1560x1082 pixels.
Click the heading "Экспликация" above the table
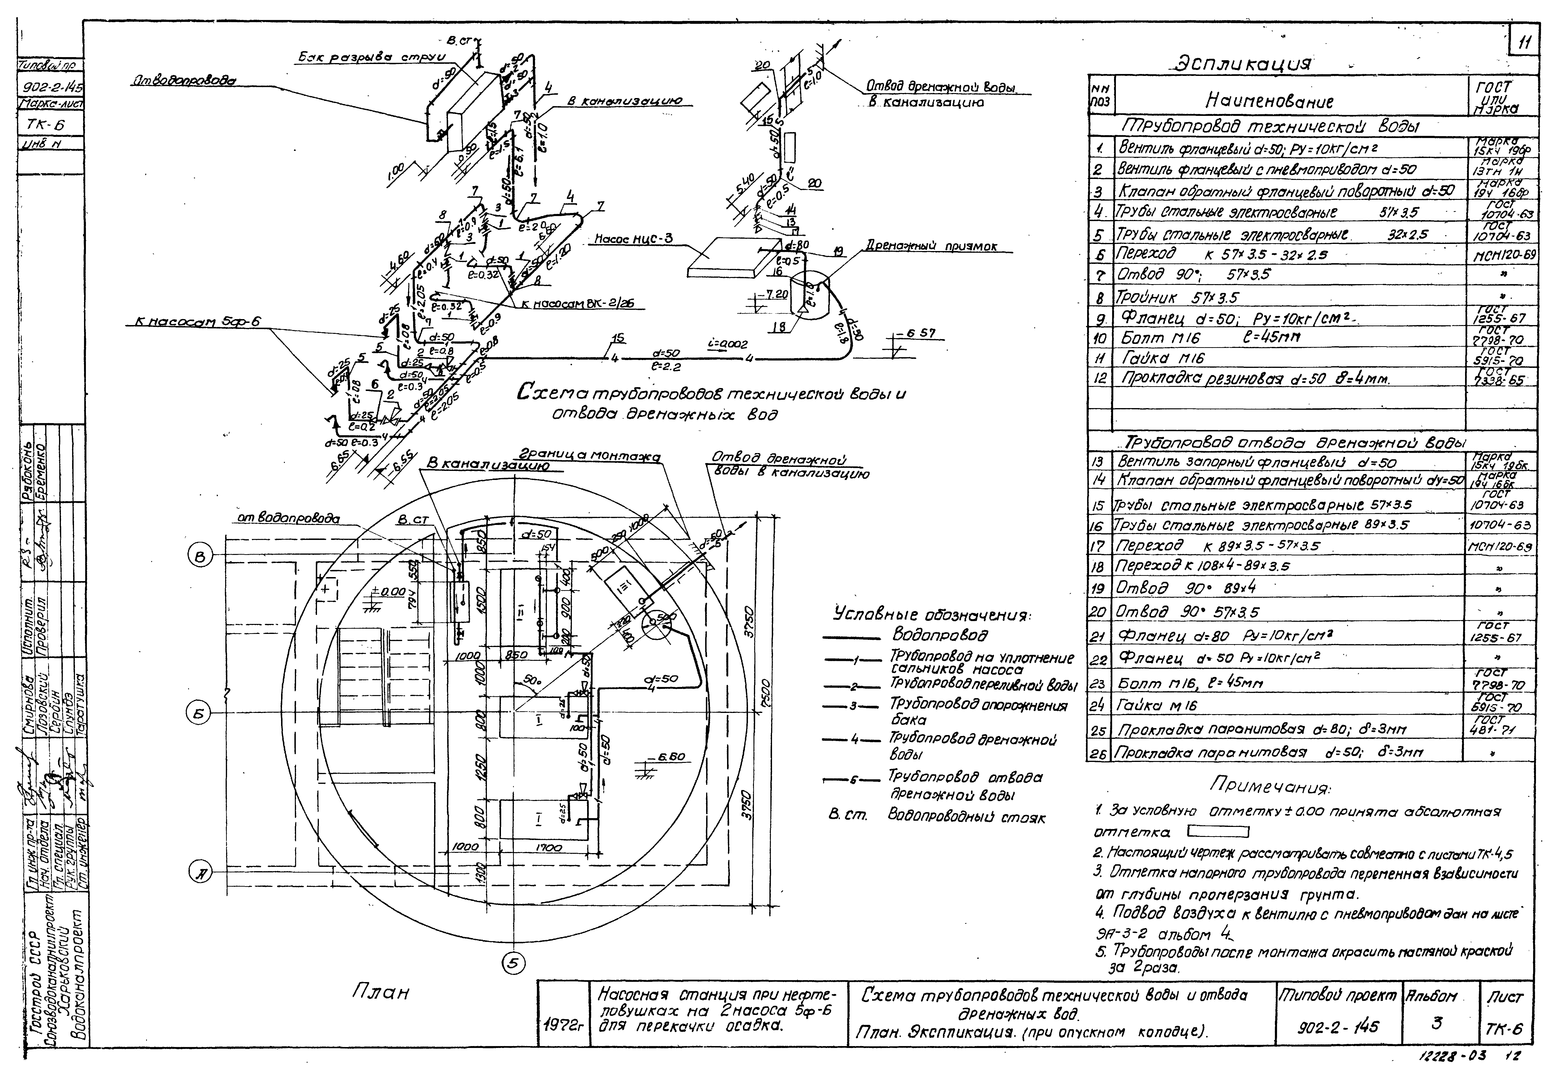click(1243, 64)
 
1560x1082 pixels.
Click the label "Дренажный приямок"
click(931, 247)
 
